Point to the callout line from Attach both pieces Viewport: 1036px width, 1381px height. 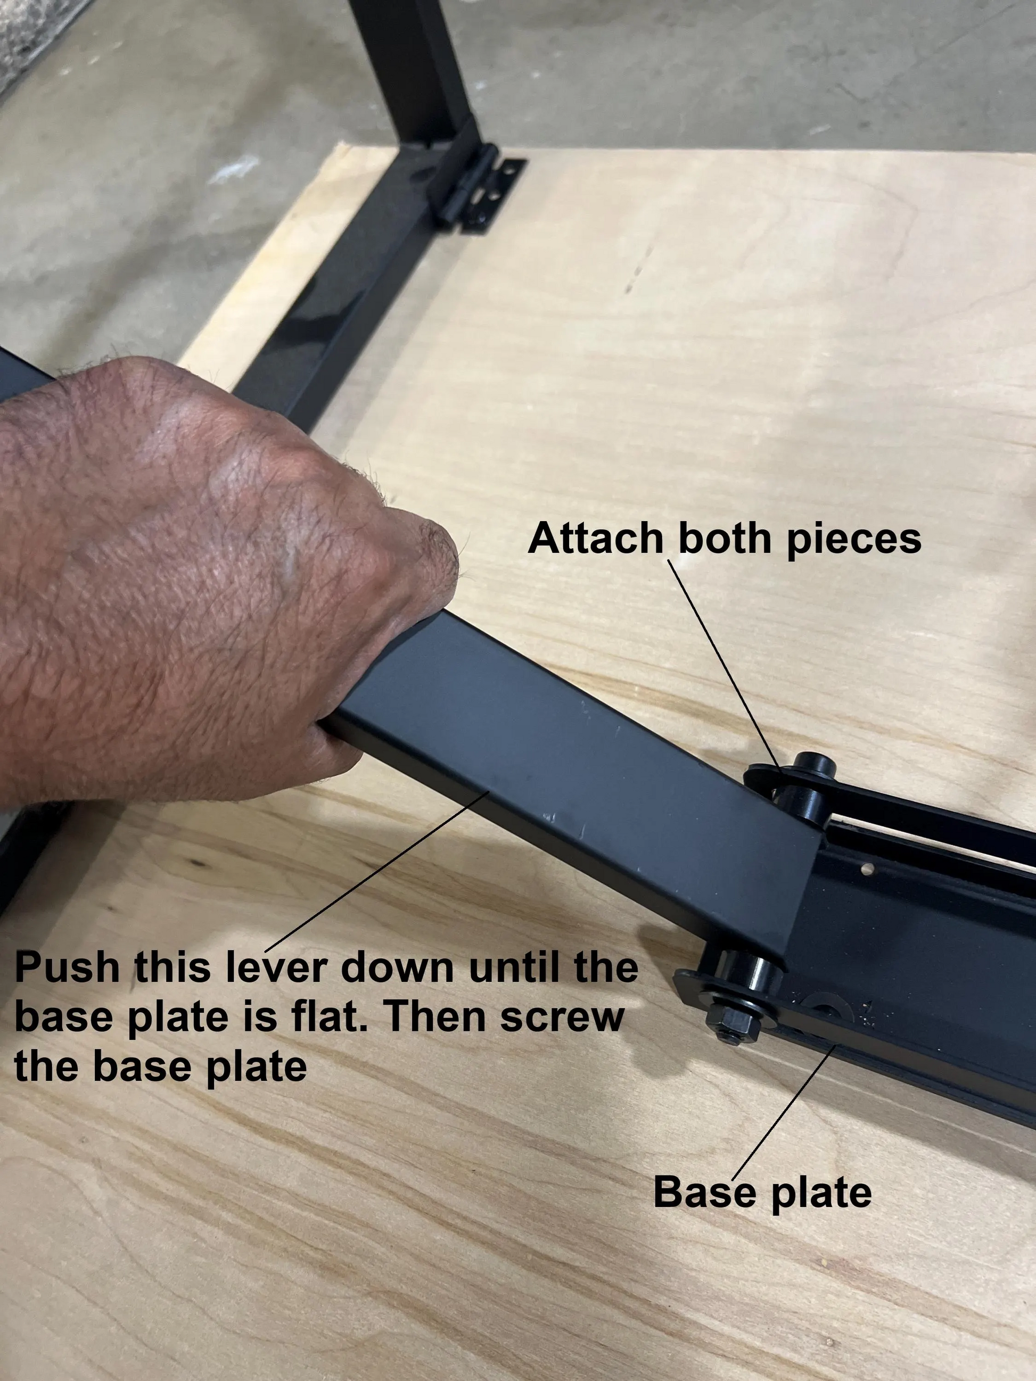pos(725,662)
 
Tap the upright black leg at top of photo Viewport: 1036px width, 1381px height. pos(412,62)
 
